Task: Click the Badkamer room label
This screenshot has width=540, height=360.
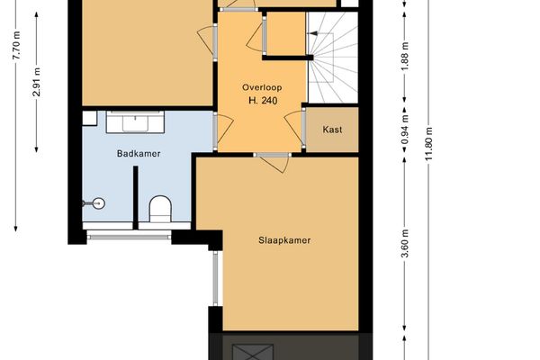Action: pos(139,154)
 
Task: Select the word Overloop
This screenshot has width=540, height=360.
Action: pos(260,86)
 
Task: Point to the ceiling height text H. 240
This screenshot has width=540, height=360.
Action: pos(260,100)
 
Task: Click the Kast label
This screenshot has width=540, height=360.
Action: pos(332,129)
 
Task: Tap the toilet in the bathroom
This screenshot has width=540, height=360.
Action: pos(160,209)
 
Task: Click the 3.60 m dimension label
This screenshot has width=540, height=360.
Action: pos(404,244)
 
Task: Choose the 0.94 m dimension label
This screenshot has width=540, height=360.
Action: pos(404,130)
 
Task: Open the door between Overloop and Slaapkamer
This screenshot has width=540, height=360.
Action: pos(270,161)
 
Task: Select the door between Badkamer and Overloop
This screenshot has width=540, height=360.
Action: pos(215,130)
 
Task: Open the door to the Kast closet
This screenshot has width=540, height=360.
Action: pos(303,129)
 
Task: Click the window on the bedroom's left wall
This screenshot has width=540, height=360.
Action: pos(215,278)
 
